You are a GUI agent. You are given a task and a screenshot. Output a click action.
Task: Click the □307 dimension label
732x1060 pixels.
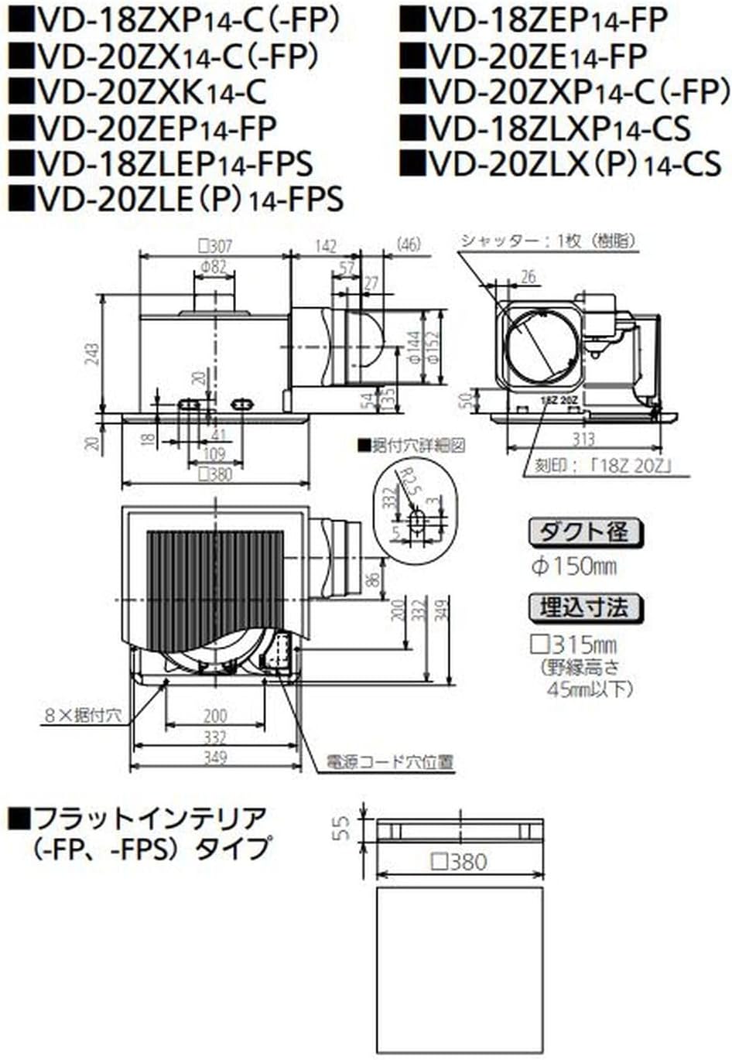(214, 246)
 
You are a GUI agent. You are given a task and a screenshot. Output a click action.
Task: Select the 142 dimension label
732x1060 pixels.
(326, 246)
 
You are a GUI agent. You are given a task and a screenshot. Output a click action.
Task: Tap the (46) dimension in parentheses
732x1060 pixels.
(407, 244)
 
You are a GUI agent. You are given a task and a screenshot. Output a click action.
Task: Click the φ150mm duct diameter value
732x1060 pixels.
(573, 566)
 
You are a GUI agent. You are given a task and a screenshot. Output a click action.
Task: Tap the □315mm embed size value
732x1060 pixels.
(573, 644)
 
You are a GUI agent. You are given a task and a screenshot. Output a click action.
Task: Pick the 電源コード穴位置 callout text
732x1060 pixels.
(389, 762)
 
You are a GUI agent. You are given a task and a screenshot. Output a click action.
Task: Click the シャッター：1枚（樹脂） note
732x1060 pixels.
(548, 241)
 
